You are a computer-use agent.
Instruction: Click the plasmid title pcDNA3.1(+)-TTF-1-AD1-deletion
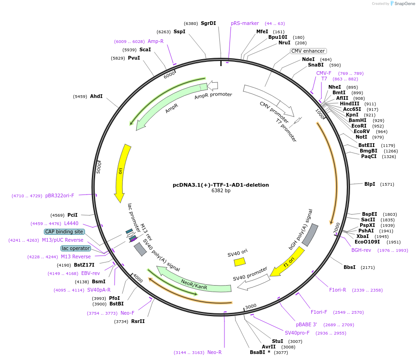coord(221,185)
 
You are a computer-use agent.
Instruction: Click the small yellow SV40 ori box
coord(240,262)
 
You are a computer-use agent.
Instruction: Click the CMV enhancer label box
coord(308,51)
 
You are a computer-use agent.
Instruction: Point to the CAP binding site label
coord(64,232)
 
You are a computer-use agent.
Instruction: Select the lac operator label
coord(76,248)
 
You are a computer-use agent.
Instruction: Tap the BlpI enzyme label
coord(369,184)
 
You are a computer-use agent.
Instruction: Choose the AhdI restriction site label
coord(96,96)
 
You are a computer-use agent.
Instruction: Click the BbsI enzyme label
coord(350,267)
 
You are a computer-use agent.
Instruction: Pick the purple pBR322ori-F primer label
coord(60,195)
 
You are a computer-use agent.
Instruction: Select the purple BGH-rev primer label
coord(361,250)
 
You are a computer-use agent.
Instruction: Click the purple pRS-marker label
coord(245,23)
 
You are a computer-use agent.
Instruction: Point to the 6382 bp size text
coord(221,190)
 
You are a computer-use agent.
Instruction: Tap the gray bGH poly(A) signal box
coord(310,234)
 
